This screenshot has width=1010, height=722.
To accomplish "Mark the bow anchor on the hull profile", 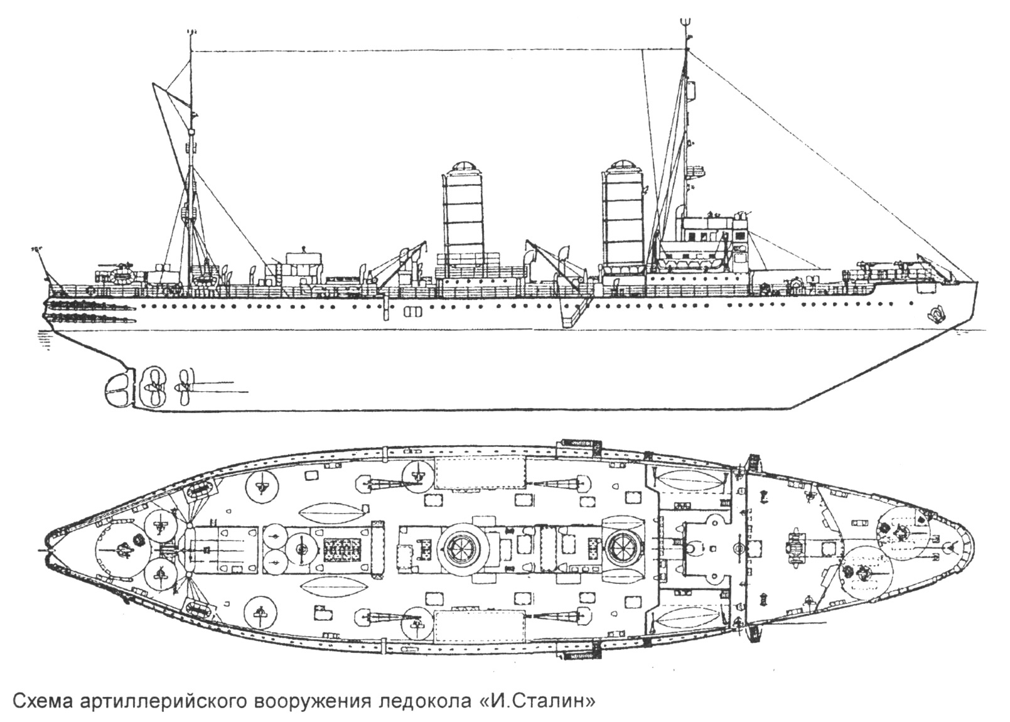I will (x=937, y=313).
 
